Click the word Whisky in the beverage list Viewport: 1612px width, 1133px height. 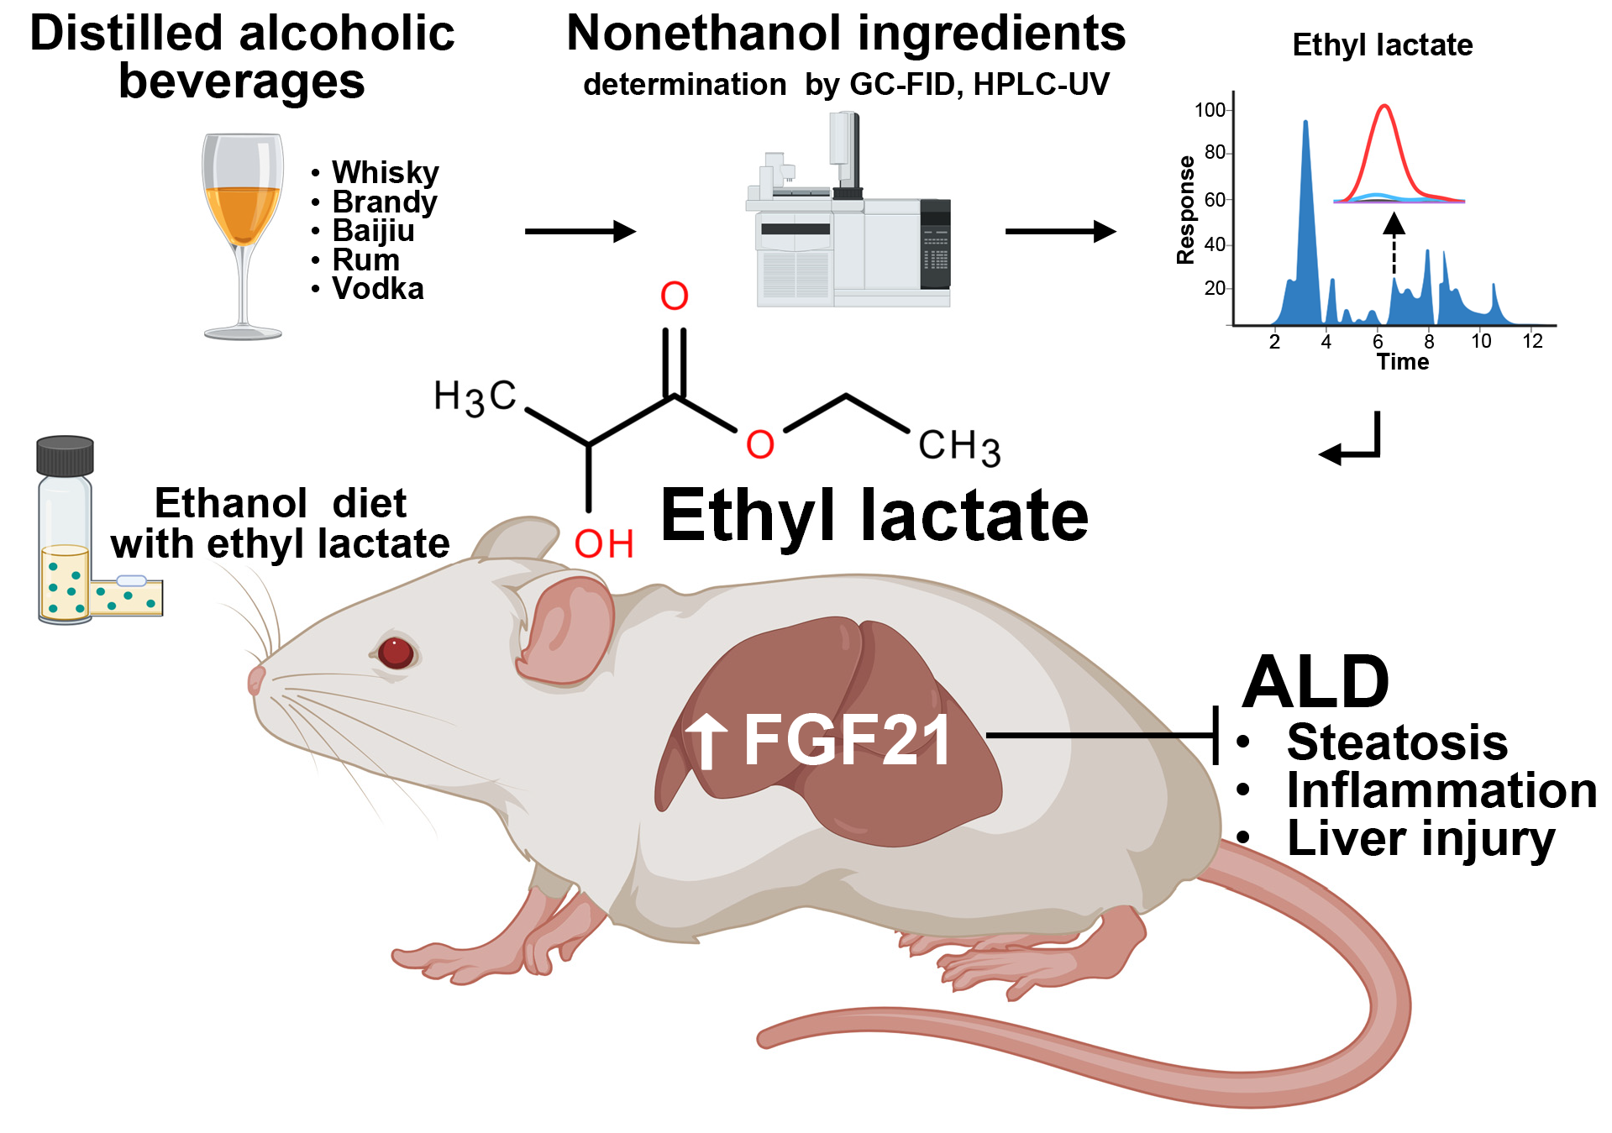click(385, 172)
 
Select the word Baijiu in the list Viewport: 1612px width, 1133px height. click(373, 230)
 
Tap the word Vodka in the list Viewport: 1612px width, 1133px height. click(377, 288)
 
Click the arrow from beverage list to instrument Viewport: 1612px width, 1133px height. click(580, 231)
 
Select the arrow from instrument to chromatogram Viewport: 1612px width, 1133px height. click(1060, 231)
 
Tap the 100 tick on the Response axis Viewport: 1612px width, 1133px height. click(1210, 110)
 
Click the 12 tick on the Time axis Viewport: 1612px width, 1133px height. click(1532, 341)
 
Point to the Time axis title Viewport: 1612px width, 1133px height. click(1402, 362)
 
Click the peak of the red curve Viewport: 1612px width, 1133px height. click(1384, 107)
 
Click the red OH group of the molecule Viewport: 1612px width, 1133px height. click(603, 544)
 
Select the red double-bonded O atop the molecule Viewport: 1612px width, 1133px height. click(674, 296)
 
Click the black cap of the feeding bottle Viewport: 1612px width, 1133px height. click(65, 455)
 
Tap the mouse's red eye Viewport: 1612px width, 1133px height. click(395, 652)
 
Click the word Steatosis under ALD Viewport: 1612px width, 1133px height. click(1396, 742)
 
